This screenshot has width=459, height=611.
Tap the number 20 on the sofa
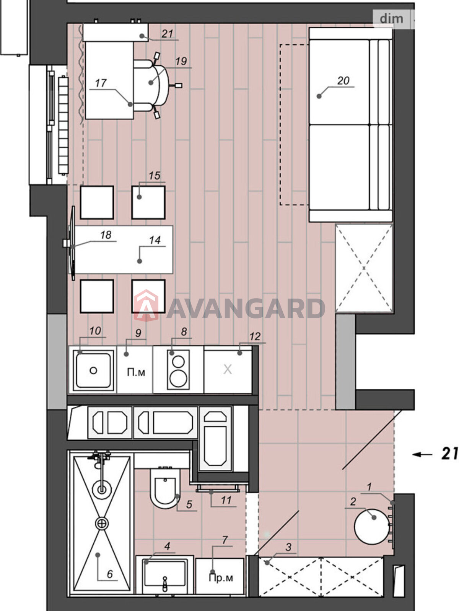(343, 81)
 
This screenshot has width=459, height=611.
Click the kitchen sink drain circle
(93, 370)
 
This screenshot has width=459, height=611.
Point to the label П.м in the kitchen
(136, 372)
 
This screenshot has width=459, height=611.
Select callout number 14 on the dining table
(155, 240)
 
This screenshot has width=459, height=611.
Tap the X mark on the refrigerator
(228, 370)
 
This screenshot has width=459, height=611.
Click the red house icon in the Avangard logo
(146, 305)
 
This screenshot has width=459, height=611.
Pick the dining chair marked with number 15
(148, 202)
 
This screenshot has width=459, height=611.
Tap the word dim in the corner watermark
(392, 19)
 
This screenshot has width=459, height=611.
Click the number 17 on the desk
(101, 82)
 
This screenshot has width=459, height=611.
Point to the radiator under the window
(63, 126)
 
